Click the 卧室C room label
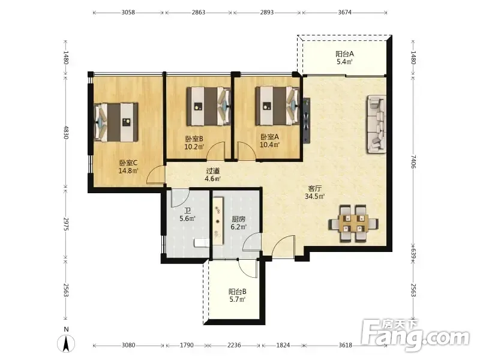[128, 163]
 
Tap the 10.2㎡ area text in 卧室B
[194, 146]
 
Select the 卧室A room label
[269, 137]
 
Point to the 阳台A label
[344, 54]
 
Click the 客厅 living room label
[314, 188]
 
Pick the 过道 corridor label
[213, 171]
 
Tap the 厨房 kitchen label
[238, 219]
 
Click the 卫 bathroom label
[187, 211]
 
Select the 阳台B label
[237, 292]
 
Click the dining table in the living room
[353, 223]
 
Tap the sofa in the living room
[377, 124]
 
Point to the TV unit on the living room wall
[306, 121]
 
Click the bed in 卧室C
[116, 122]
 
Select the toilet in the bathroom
[202, 243]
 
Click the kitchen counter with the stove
[218, 221]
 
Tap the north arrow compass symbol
[66, 343]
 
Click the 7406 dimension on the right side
[413, 161]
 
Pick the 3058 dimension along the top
[128, 13]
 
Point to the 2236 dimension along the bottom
[234, 346]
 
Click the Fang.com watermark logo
[415, 336]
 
